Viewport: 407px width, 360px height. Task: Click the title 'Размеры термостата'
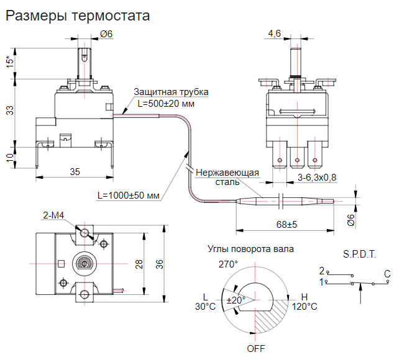[78, 16]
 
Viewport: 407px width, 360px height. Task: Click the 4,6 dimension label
[275, 34]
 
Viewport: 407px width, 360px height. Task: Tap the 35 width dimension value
[74, 171]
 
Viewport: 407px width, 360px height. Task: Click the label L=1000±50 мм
[129, 196]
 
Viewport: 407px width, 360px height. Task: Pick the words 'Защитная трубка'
[171, 92]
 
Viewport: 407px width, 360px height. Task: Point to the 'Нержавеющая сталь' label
[227, 178]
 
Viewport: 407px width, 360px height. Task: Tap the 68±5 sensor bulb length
[286, 223]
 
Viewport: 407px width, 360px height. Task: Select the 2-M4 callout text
[54, 215]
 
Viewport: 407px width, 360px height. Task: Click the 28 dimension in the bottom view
[140, 264]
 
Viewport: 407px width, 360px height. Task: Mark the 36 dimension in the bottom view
[160, 264]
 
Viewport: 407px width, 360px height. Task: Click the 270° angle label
[227, 264]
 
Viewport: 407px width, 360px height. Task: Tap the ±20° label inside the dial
[236, 300]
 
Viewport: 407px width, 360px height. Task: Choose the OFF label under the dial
[255, 348]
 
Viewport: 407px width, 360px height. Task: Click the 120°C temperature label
[304, 306]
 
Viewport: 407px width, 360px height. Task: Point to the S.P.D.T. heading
[359, 254]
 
